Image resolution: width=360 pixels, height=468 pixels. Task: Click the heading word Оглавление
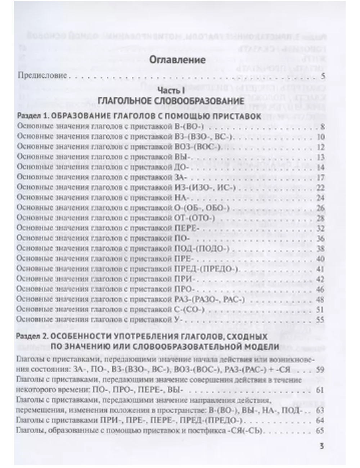click(177, 60)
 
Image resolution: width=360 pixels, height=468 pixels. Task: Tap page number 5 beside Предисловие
click(323, 76)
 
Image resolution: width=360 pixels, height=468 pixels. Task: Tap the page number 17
click(320, 177)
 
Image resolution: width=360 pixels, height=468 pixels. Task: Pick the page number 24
click(320, 198)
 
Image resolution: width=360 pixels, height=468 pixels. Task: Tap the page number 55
click(320, 320)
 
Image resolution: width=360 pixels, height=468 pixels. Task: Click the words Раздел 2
click(31, 337)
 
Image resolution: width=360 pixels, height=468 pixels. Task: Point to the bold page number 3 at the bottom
click(322, 446)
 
